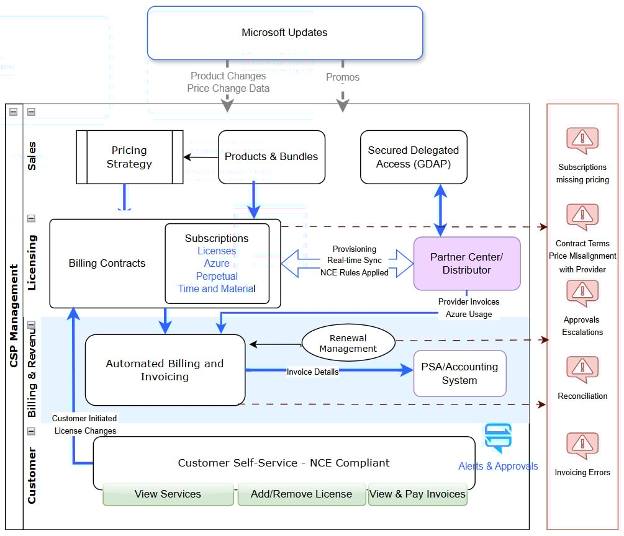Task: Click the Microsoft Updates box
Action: tap(285, 33)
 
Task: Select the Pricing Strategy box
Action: tap(129, 157)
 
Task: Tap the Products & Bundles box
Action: tap(271, 157)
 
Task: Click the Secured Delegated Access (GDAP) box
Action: tap(414, 157)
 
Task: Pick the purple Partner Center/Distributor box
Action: tap(467, 264)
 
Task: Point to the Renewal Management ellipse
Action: tap(348, 343)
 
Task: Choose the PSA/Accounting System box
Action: tap(459, 373)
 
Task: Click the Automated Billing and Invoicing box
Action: tap(165, 370)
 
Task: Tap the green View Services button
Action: tap(168, 494)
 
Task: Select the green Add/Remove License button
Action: tap(301, 494)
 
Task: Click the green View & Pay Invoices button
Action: tap(417, 494)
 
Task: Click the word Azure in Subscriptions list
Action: tap(217, 264)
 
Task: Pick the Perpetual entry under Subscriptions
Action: tap(217, 276)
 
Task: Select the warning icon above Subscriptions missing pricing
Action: tap(582, 141)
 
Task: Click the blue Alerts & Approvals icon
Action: tap(498, 437)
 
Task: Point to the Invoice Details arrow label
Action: tap(312, 372)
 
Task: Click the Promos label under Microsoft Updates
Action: tap(343, 78)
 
